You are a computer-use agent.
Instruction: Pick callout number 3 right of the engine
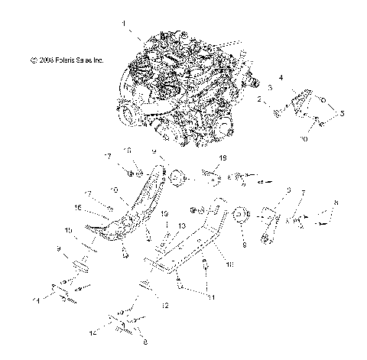coord(268,89)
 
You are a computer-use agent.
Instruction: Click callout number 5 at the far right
coord(342,112)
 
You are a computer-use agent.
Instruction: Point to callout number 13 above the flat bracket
coord(182,226)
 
